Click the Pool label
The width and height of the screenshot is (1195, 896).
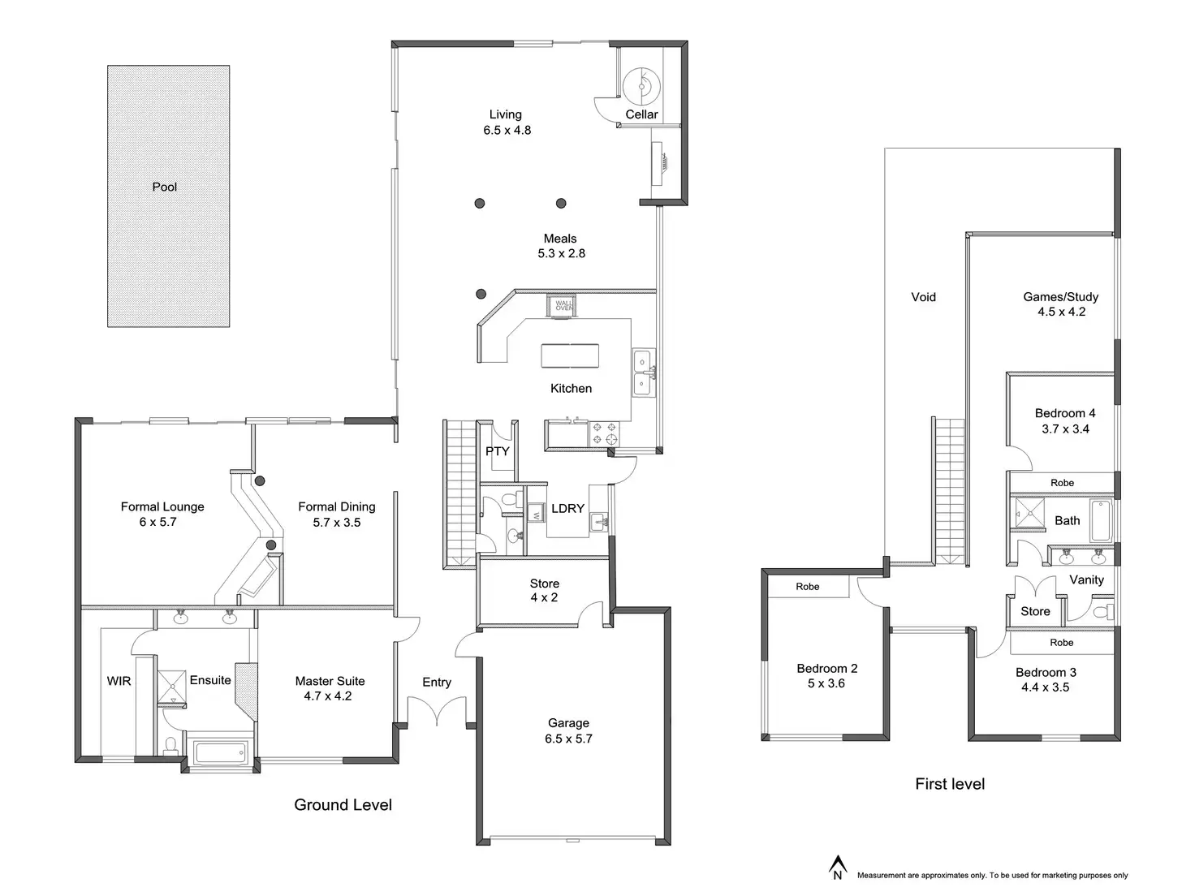click(x=165, y=187)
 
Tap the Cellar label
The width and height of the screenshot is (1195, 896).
click(x=641, y=114)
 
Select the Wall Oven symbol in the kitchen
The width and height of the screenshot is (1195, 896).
click(x=563, y=305)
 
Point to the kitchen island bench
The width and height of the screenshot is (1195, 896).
click(x=570, y=355)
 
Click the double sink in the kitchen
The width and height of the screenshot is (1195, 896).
click(x=643, y=373)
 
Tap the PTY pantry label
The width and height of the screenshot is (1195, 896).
click(x=498, y=451)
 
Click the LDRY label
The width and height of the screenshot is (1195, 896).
click(x=567, y=508)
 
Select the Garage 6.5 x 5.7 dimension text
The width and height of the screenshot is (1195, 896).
click(x=568, y=739)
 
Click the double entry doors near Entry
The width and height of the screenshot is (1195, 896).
click(x=438, y=712)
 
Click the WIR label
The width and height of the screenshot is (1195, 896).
click(x=119, y=681)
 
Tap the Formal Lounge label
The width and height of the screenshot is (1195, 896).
click(x=162, y=506)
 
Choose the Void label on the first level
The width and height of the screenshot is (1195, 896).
click(x=923, y=297)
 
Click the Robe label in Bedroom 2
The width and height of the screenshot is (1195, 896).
click(x=807, y=586)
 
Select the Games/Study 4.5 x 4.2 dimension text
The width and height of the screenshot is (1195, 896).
click(x=1061, y=312)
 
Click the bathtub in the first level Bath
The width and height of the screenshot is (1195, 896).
click(x=1101, y=520)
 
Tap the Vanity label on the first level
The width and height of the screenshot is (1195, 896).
click(x=1086, y=579)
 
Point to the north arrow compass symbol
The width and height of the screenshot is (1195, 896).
click(x=837, y=867)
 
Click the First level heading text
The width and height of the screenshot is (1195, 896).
click(x=950, y=784)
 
